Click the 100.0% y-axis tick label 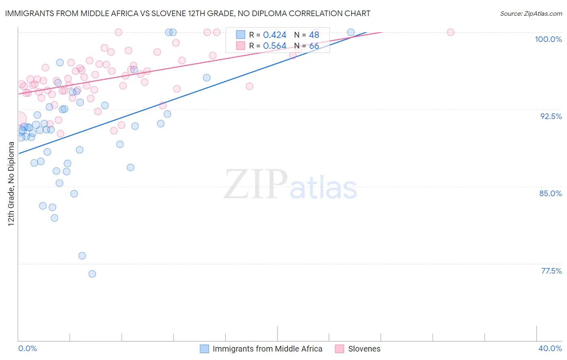pos(548,39)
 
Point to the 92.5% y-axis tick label pos(551,116)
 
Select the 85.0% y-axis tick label pos(550,193)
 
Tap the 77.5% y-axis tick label pos(551,271)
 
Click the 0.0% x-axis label pos(27,348)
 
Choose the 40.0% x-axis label pos(550,348)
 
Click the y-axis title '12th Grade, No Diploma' pos(11,184)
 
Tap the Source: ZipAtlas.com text pos(531,14)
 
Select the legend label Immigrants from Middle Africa pos(267,349)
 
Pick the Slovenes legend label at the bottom pos(364,349)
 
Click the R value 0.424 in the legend pos(275,35)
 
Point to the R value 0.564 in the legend pos(275,46)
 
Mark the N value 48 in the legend pos(314,35)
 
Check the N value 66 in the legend pos(314,46)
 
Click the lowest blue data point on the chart pos(92,274)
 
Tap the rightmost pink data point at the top pos(450,32)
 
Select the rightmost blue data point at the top pos(351,32)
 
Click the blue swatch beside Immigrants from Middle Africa pos(204,349)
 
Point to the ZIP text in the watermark pos(255,184)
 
